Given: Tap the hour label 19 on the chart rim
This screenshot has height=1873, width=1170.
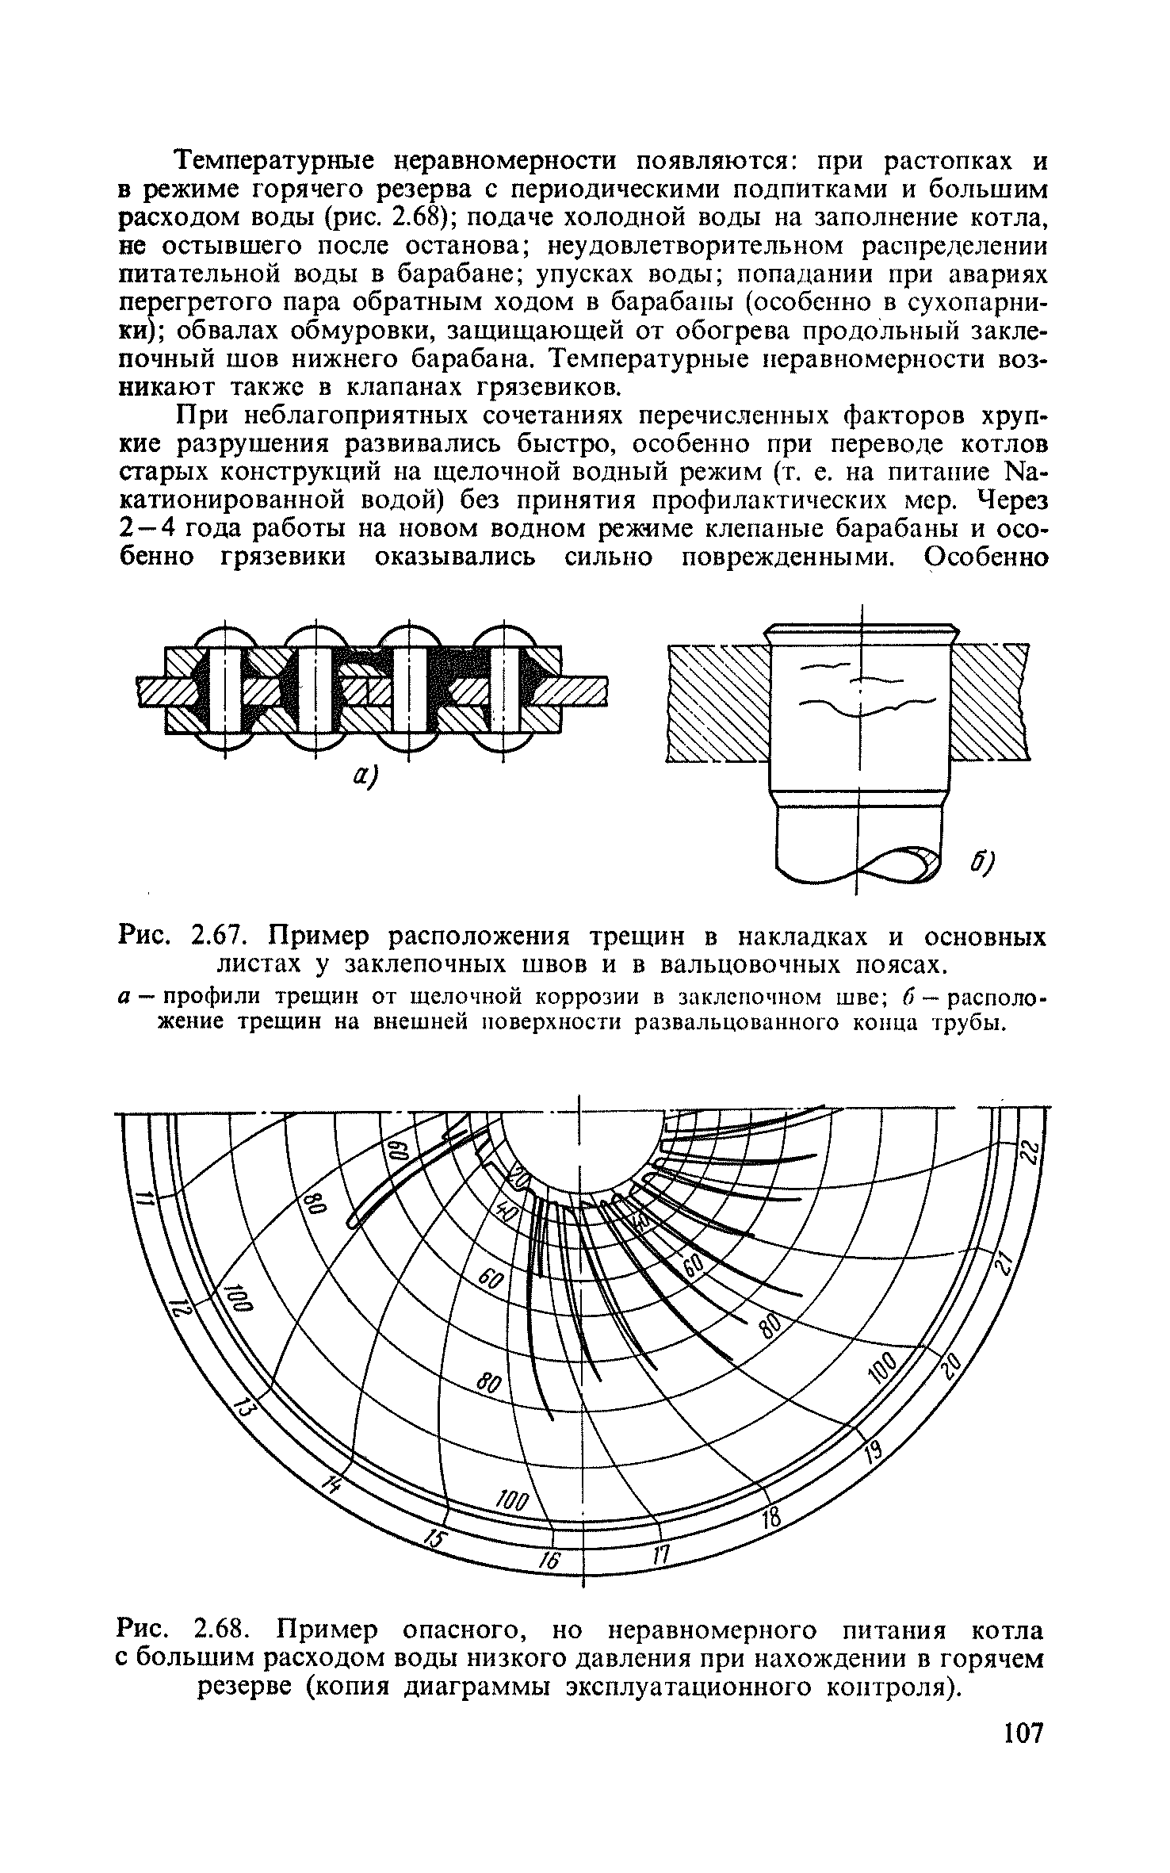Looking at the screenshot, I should (x=871, y=1451).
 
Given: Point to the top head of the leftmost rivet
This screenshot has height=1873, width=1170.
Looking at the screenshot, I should (x=225, y=636).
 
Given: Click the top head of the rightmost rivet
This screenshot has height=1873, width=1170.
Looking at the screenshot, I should (x=504, y=636).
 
